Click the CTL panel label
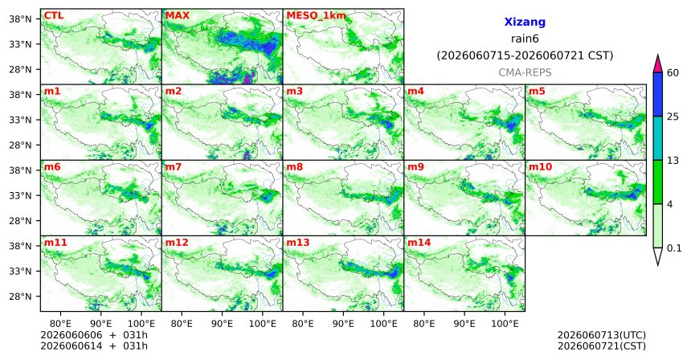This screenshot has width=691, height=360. [x=53, y=16]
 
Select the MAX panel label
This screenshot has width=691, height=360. [x=177, y=16]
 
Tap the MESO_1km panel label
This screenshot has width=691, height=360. [x=316, y=16]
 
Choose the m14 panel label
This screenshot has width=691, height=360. [x=419, y=243]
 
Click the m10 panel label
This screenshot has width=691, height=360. [x=540, y=167]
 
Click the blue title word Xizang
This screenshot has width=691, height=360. [x=525, y=22]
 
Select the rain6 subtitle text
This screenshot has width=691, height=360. [x=525, y=39]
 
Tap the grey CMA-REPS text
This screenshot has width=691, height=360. [x=525, y=72]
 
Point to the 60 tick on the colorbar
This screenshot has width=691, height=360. [x=673, y=73]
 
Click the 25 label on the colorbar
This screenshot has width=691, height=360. [x=673, y=117]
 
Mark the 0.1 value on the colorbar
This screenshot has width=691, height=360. [x=674, y=248]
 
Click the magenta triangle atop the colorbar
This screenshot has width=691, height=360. [x=658, y=63]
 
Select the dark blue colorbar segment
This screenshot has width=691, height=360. [x=658, y=94]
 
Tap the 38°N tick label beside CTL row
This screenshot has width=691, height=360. [x=20, y=19]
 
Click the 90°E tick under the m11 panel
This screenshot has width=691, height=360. [x=101, y=324]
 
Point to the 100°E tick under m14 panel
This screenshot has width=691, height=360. [x=505, y=324]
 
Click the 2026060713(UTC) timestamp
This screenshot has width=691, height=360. [x=602, y=336]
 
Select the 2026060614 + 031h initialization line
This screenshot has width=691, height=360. [x=94, y=346]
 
